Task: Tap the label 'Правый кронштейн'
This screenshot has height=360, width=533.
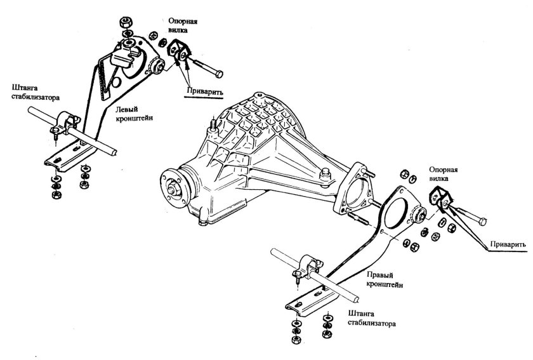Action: click(385, 279)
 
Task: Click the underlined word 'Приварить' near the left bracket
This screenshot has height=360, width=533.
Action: click(204, 91)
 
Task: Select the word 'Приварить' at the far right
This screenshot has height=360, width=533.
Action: click(508, 244)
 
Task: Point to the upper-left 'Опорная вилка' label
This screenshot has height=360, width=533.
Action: click(183, 25)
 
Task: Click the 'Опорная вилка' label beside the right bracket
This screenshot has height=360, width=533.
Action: click(444, 173)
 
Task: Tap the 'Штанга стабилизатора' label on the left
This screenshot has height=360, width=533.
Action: click(36, 92)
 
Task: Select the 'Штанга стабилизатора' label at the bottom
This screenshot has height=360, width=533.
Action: click(372, 318)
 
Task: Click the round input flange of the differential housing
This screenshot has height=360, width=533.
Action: click(174, 188)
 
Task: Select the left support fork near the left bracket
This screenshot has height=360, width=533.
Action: click(178, 50)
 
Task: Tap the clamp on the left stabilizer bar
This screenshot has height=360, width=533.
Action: click(65, 124)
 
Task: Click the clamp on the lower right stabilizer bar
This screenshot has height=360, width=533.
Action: click(308, 268)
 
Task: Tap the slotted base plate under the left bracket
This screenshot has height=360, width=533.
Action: click(70, 157)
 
